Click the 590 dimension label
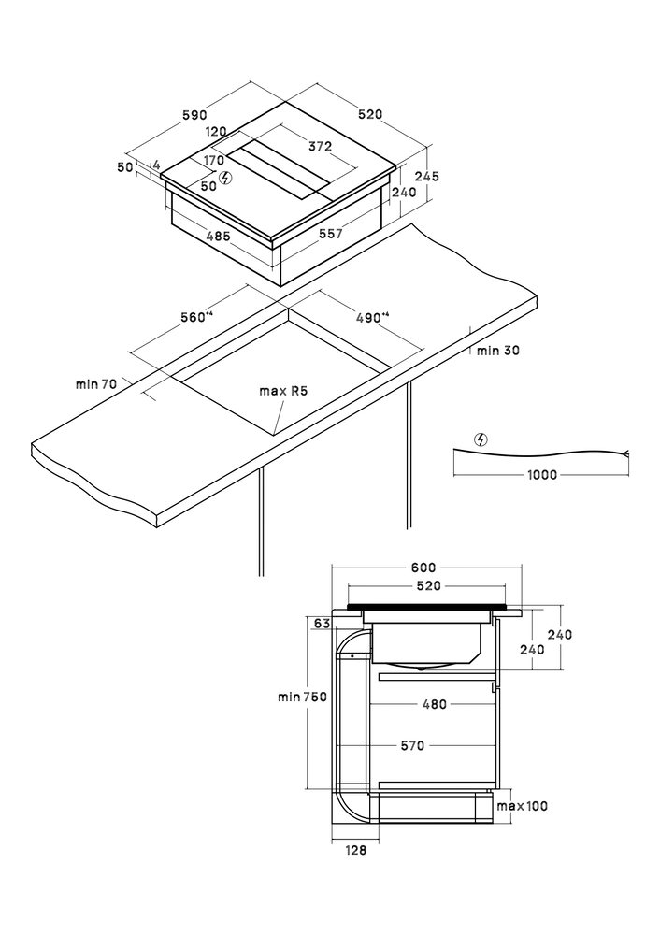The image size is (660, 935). tap(194, 115)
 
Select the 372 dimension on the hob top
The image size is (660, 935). tap(321, 146)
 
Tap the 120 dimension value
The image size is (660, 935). tap(217, 132)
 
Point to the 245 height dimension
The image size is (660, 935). tap(426, 177)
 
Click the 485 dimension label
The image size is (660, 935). tap(218, 237)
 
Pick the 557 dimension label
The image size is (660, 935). tap(330, 234)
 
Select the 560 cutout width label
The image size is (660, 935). tap(196, 318)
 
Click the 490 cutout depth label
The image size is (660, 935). tap(371, 318)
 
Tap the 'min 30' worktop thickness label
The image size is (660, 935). tap(497, 352)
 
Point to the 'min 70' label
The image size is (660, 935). tap(95, 384)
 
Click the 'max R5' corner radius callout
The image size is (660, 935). tap(283, 390)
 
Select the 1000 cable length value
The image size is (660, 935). tap(540, 475)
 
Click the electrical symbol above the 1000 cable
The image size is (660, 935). tap(481, 439)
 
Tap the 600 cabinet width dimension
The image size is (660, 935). tap(423, 568)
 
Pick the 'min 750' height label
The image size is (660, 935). tap(301, 697)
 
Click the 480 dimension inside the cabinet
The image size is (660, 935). tap(434, 705)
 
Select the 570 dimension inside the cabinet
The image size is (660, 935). tap(412, 746)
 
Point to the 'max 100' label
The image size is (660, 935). tap(522, 807)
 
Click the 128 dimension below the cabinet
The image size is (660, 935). tap(355, 851)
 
